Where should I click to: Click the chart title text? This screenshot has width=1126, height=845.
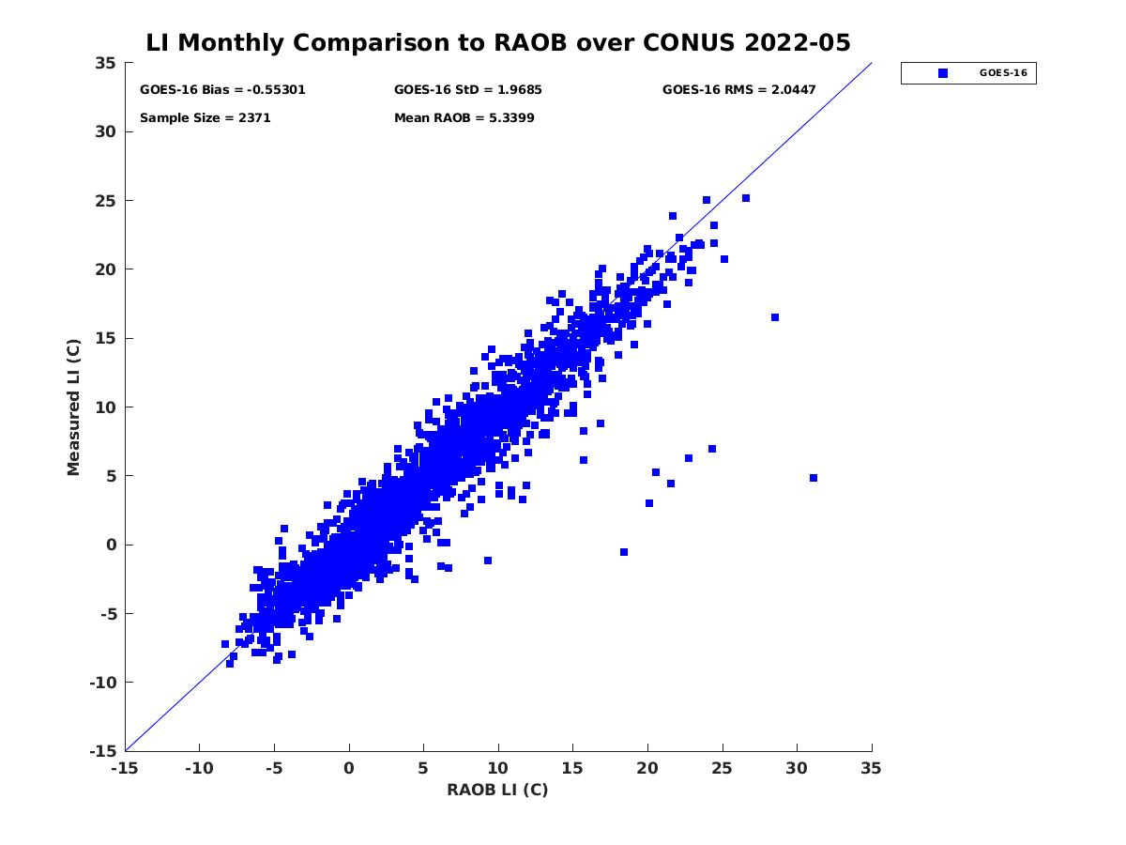[498, 43]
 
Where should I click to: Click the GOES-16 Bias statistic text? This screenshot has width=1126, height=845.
[222, 90]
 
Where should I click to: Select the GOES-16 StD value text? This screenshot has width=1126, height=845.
[467, 90]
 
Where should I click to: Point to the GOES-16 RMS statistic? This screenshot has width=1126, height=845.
[738, 90]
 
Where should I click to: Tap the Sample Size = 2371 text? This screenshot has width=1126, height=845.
[205, 118]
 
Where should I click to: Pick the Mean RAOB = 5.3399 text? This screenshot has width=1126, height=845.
[464, 118]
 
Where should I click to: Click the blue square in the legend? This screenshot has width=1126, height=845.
[943, 73]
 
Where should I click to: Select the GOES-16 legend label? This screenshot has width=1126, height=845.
[1001, 73]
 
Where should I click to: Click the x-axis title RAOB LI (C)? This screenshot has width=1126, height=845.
[497, 790]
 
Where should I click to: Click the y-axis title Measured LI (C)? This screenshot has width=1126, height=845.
[73, 407]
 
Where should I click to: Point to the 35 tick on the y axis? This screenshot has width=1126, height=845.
[105, 63]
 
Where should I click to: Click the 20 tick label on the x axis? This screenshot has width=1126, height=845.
[647, 768]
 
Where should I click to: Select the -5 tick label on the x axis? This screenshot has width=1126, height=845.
[273, 768]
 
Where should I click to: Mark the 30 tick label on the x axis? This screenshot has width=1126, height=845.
[797, 768]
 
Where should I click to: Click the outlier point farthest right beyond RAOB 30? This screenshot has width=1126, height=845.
[814, 478]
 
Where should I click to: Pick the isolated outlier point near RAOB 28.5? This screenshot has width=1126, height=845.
[775, 317]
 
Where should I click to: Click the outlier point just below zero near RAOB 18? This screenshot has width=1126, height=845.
[624, 552]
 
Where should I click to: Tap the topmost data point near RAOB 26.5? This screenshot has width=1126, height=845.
[746, 198]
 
